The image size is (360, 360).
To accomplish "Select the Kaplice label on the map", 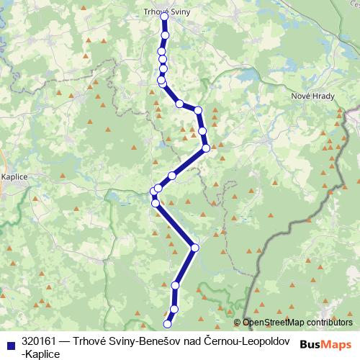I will (14, 175).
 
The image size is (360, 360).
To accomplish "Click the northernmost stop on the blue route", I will (165, 14).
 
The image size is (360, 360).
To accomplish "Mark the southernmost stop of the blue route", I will (169, 325).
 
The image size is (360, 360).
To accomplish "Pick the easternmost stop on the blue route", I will (207, 148).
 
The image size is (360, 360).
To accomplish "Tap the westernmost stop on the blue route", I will (153, 191).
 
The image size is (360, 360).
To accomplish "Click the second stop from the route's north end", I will (166, 35).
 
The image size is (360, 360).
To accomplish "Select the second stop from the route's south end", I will (174, 309).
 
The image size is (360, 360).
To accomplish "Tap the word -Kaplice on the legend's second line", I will (42, 353).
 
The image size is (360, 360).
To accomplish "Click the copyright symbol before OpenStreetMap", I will (238, 323).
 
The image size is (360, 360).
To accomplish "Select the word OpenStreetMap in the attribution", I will (272, 323).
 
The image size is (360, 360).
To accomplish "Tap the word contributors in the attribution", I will (328, 323).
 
